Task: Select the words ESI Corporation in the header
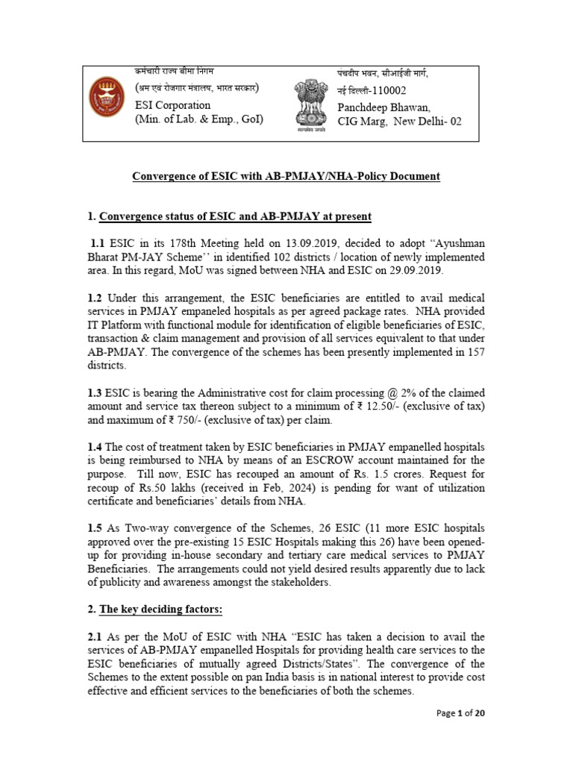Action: (x=172, y=105)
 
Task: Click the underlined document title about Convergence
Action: (x=286, y=176)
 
